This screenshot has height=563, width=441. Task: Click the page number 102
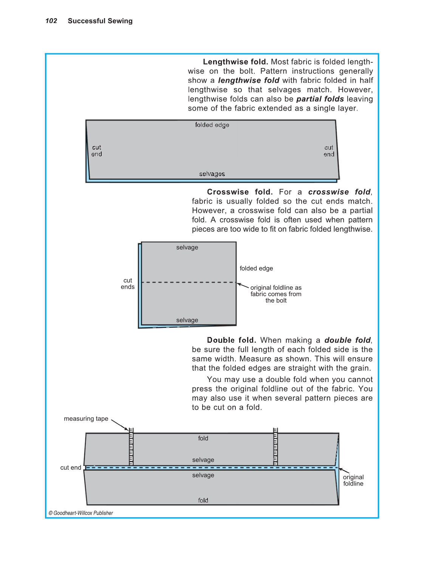(51, 21)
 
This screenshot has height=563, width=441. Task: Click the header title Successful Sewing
(100, 21)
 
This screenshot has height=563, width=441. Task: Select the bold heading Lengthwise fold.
(235, 62)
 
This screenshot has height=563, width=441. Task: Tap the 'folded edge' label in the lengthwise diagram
(212, 125)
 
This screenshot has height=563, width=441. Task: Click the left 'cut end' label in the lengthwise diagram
(96, 151)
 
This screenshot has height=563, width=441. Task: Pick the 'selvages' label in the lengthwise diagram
(212, 174)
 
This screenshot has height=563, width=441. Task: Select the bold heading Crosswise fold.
(240, 192)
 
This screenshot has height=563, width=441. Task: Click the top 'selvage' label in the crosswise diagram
(187, 247)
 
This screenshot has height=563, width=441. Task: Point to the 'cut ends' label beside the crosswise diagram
(128, 284)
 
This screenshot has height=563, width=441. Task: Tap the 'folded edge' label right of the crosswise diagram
(256, 268)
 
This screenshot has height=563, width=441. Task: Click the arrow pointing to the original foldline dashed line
(243, 285)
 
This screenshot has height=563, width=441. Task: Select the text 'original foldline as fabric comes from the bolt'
(276, 294)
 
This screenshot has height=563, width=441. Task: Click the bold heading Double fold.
(231, 340)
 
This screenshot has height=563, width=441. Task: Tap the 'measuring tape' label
(86, 419)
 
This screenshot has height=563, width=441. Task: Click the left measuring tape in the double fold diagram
(131, 447)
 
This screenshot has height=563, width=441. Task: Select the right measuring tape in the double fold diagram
(275, 447)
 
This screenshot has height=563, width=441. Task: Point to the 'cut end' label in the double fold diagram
(71, 468)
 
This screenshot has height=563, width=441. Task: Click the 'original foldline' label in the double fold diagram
(353, 480)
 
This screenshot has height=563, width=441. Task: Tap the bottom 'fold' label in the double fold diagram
(203, 500)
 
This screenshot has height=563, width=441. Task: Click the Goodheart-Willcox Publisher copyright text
(81, 513)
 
